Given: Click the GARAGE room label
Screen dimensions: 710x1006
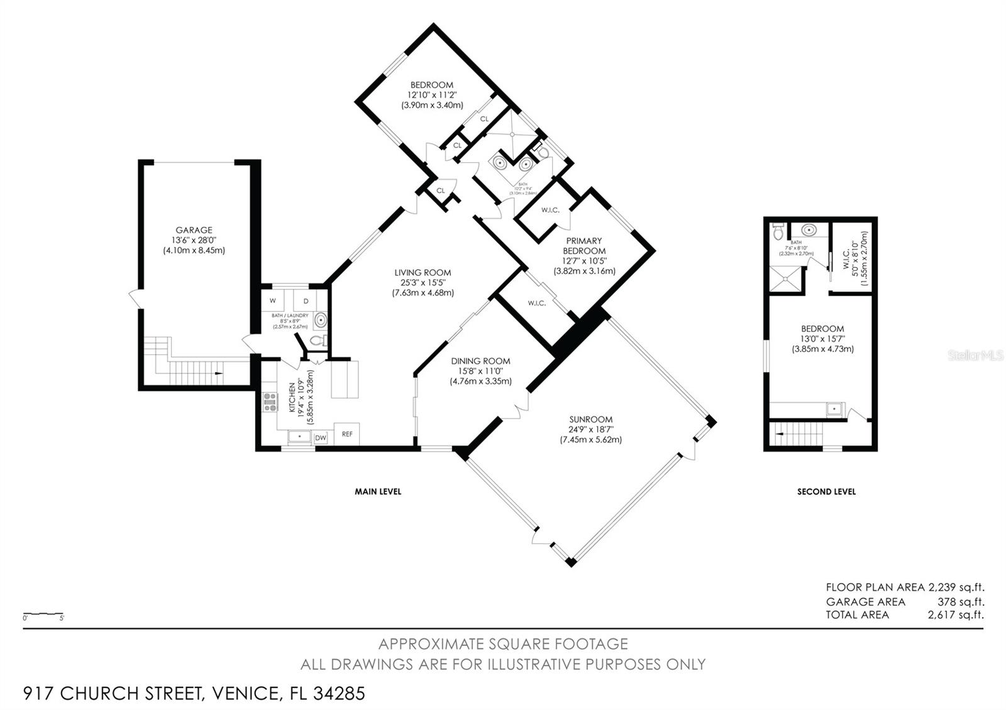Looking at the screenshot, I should coord(194,231).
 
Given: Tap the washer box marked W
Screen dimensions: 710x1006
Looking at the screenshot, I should coord(273,300).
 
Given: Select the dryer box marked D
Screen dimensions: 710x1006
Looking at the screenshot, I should coord(305,300).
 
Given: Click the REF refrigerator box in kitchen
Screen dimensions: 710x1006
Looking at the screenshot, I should coord(346,434).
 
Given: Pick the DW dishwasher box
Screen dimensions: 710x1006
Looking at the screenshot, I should coord(321,438).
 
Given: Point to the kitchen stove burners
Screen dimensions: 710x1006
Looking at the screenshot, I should coord(270,401).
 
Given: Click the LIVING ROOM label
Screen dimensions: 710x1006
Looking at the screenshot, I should coord(423,273).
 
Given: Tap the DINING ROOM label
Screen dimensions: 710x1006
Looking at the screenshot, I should coord(480,361).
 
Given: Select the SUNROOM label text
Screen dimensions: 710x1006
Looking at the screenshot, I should coord(591,420).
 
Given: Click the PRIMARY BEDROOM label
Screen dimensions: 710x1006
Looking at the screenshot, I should coord(584,246).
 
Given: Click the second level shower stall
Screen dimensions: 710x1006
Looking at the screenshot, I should coord(786,280).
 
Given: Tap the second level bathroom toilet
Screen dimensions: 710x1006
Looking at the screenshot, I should coord(778,232).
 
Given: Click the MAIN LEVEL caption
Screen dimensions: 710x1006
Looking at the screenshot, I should coord(378,491).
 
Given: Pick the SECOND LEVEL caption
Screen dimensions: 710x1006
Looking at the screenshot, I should coord(826,491).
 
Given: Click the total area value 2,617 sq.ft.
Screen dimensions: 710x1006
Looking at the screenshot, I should coord(955,615).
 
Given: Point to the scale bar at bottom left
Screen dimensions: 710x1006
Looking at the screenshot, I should coord(43,614).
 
